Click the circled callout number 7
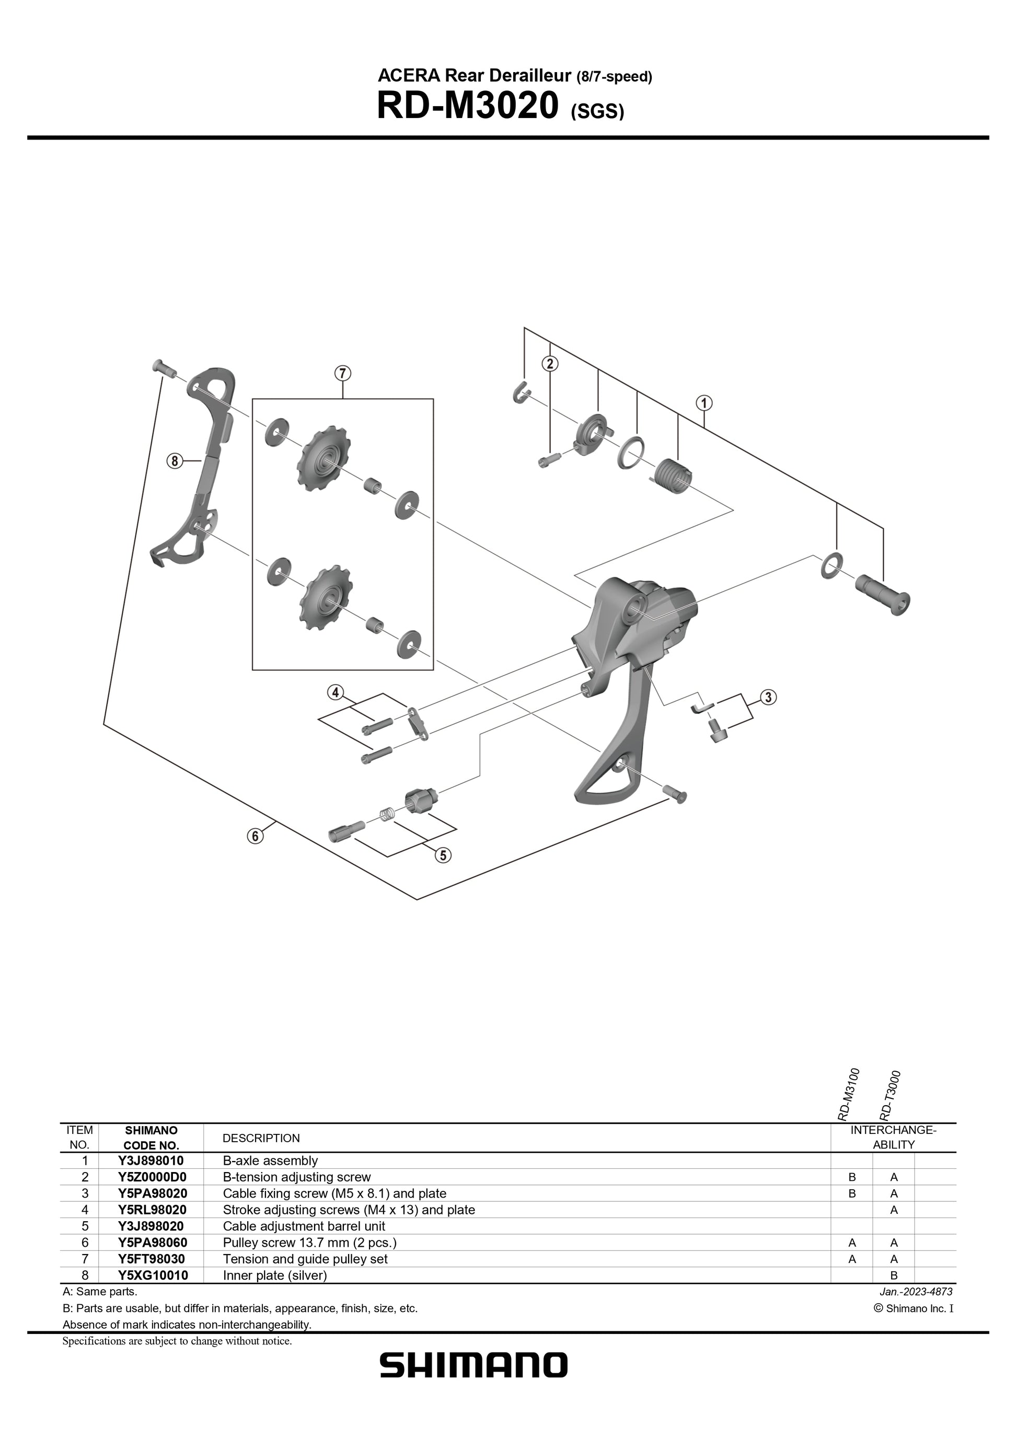tap(342, 373)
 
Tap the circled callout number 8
tap(174, 461)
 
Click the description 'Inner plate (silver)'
tap(275, 1275)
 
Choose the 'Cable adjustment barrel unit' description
tap(304, 1226)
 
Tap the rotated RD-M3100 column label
tap(849, 1094)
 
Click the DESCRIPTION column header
tap(261, 1138)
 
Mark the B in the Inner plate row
tap(894, 1275)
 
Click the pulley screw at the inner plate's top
tap(161, 366)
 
